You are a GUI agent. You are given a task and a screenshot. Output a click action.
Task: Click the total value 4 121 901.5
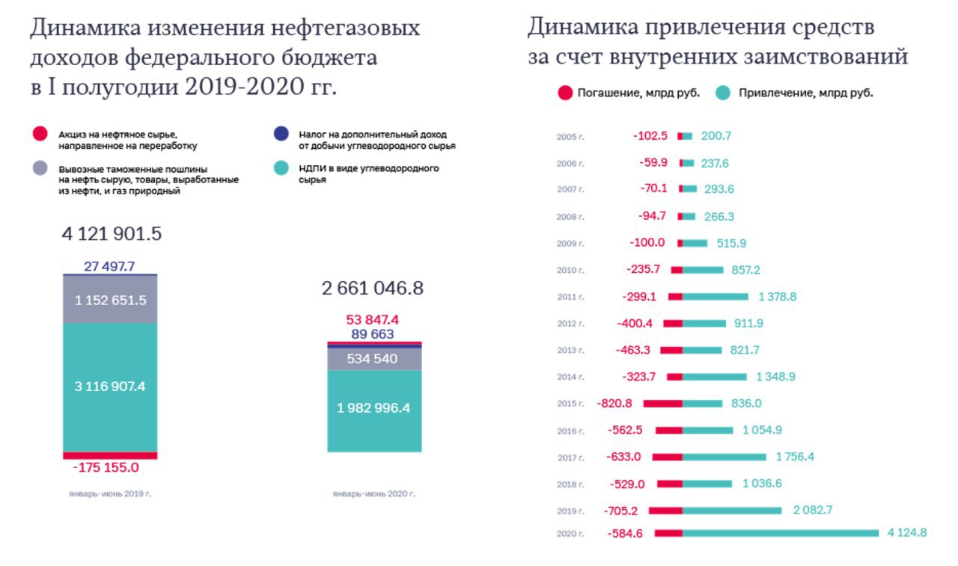[x=112, y=234]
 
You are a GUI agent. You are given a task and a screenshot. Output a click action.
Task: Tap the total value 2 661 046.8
[x=373, y=289]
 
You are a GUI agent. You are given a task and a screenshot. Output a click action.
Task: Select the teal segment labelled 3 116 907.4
[x=110, y=387]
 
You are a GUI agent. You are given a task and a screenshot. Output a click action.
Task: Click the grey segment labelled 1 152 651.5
[x=110, y=300]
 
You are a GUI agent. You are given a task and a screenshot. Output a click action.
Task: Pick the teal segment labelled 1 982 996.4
[x=374, y=410]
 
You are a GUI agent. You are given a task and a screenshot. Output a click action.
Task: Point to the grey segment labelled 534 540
[x=374, y=359]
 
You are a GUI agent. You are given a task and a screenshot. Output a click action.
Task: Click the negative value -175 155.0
[x=106, y=468]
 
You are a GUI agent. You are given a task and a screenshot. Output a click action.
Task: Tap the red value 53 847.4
[x=372, y=320]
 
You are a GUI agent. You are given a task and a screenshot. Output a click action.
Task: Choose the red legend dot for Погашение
[x=565, y=93]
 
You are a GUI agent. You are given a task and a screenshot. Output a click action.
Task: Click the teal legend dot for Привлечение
[x=722, y=93]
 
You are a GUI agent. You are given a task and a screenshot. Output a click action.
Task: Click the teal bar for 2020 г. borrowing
[x=781, y=533]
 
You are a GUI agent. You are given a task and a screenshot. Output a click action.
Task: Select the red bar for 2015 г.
[x=663, y=404]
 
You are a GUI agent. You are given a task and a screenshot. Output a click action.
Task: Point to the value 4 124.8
[x=907, y=533]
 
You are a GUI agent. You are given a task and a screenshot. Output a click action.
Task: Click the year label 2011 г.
[x=570, y=297]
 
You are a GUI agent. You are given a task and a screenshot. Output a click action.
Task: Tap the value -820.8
[x=614, y=404]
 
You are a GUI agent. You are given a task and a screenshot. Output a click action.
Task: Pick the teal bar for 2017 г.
[x=724, y=457]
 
